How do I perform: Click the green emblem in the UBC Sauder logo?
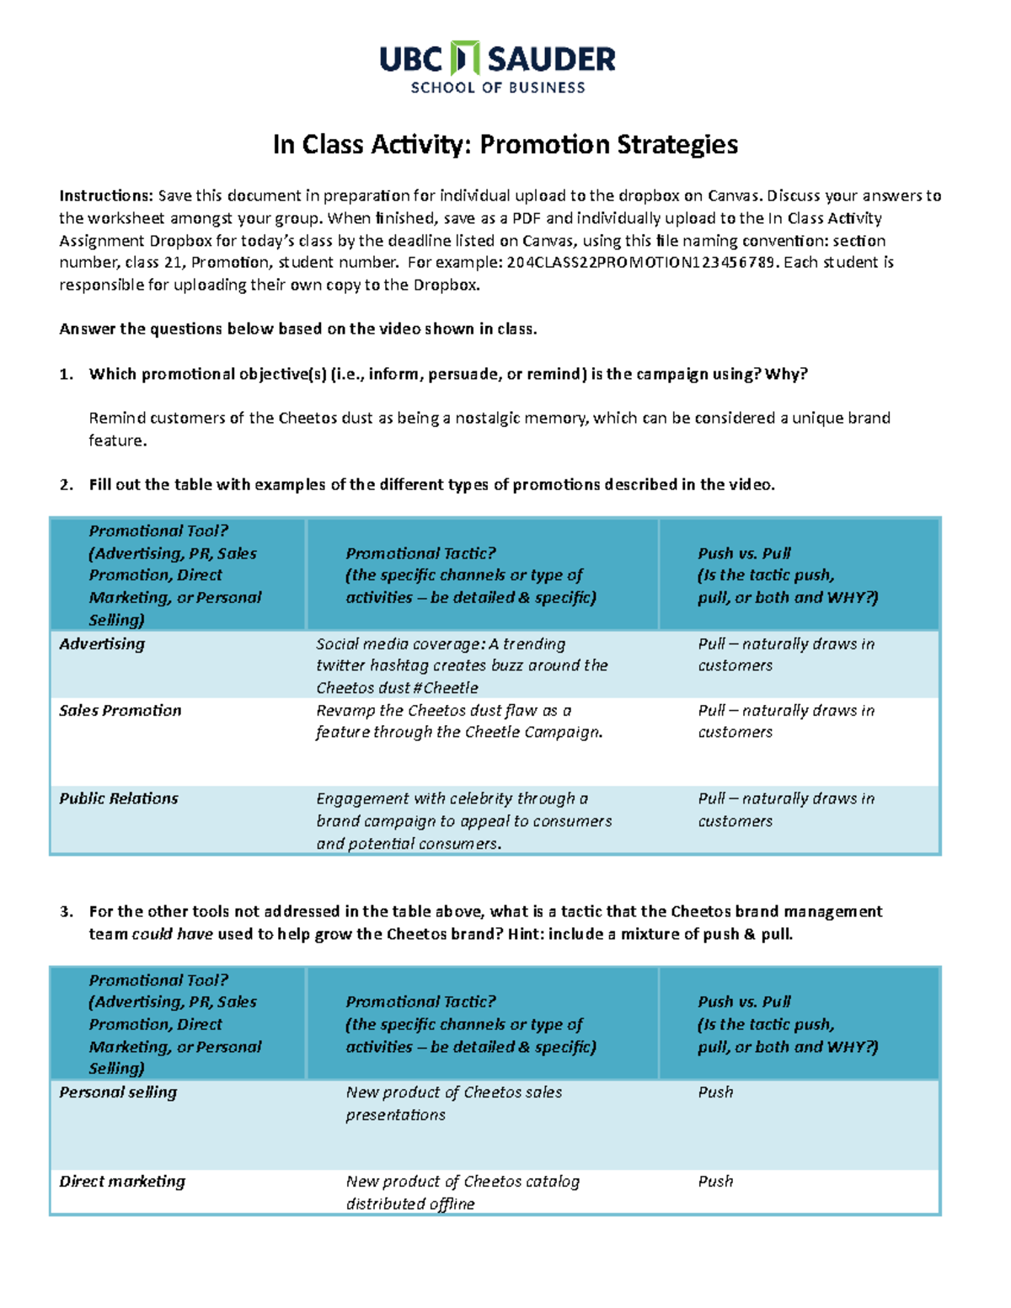click(x=465, y=58)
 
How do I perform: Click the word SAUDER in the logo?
click(x=552, y=59)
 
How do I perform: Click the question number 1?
click(x=66, y=375)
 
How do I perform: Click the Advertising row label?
click(x=102, y=644)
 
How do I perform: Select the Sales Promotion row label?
click(x=120, y=711)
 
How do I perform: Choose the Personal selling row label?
click(x=118, y=1092)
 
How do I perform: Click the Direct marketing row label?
click(x=122, y=1182)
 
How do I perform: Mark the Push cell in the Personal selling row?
click(x=715, y=1092)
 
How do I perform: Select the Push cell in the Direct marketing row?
click(x=715, y=1182)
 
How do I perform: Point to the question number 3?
click(x=66, y=912)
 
